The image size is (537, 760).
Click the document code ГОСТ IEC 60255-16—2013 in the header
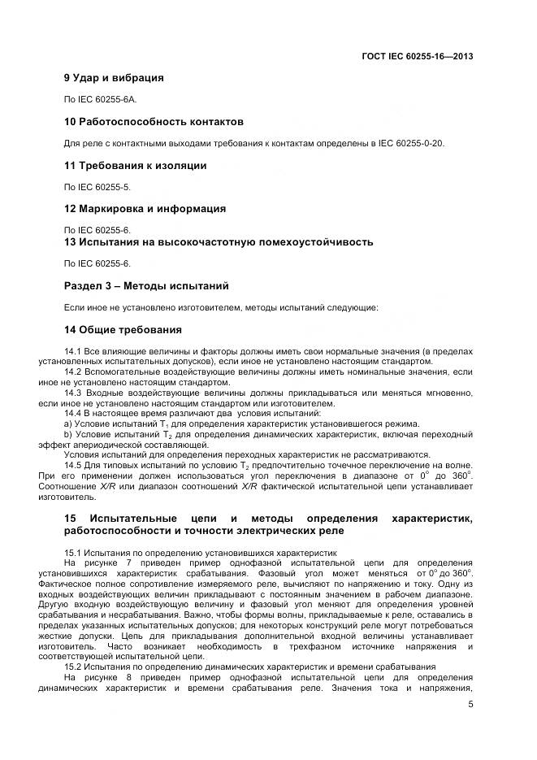point(417,56)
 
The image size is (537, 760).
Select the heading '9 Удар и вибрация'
point(113,78)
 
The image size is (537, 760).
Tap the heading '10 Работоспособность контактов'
point(154,121)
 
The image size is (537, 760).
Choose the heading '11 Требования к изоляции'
point(134,165)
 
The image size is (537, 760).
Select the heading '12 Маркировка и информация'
point(145,209)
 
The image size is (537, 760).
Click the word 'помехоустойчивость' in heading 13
point(314,241)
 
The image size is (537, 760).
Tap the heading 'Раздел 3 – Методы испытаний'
point(146,285)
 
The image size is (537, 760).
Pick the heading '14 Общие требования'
point(123,329)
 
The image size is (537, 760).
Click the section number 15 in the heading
point(70,518)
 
